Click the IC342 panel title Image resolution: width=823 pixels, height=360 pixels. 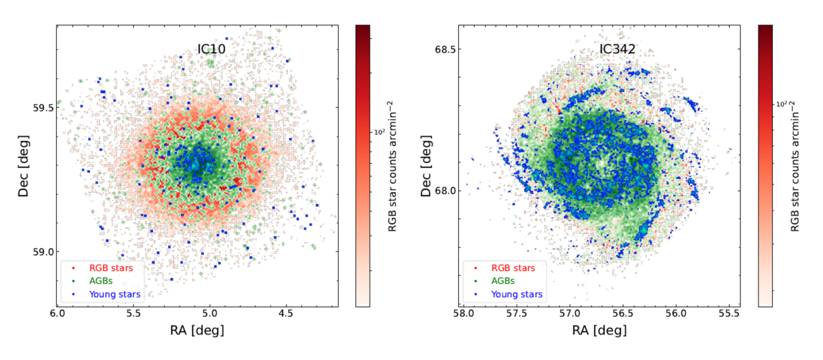(x=615, y=50)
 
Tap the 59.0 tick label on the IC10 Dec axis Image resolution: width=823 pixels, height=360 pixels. (x=40, y=252)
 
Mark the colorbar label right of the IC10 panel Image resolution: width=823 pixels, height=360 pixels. (x=392, y=166)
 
